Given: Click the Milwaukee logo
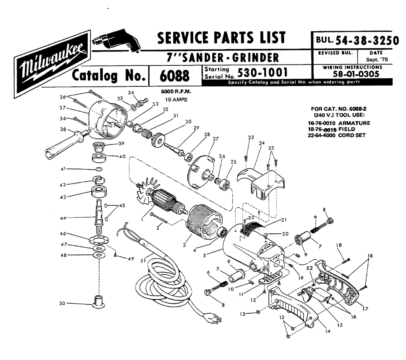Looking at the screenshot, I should [x=53, y=63].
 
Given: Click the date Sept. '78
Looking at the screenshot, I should [x=373, y=59].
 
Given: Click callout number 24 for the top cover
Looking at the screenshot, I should [x=261, y=143].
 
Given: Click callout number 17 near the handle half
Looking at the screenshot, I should [x=365, y=309].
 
